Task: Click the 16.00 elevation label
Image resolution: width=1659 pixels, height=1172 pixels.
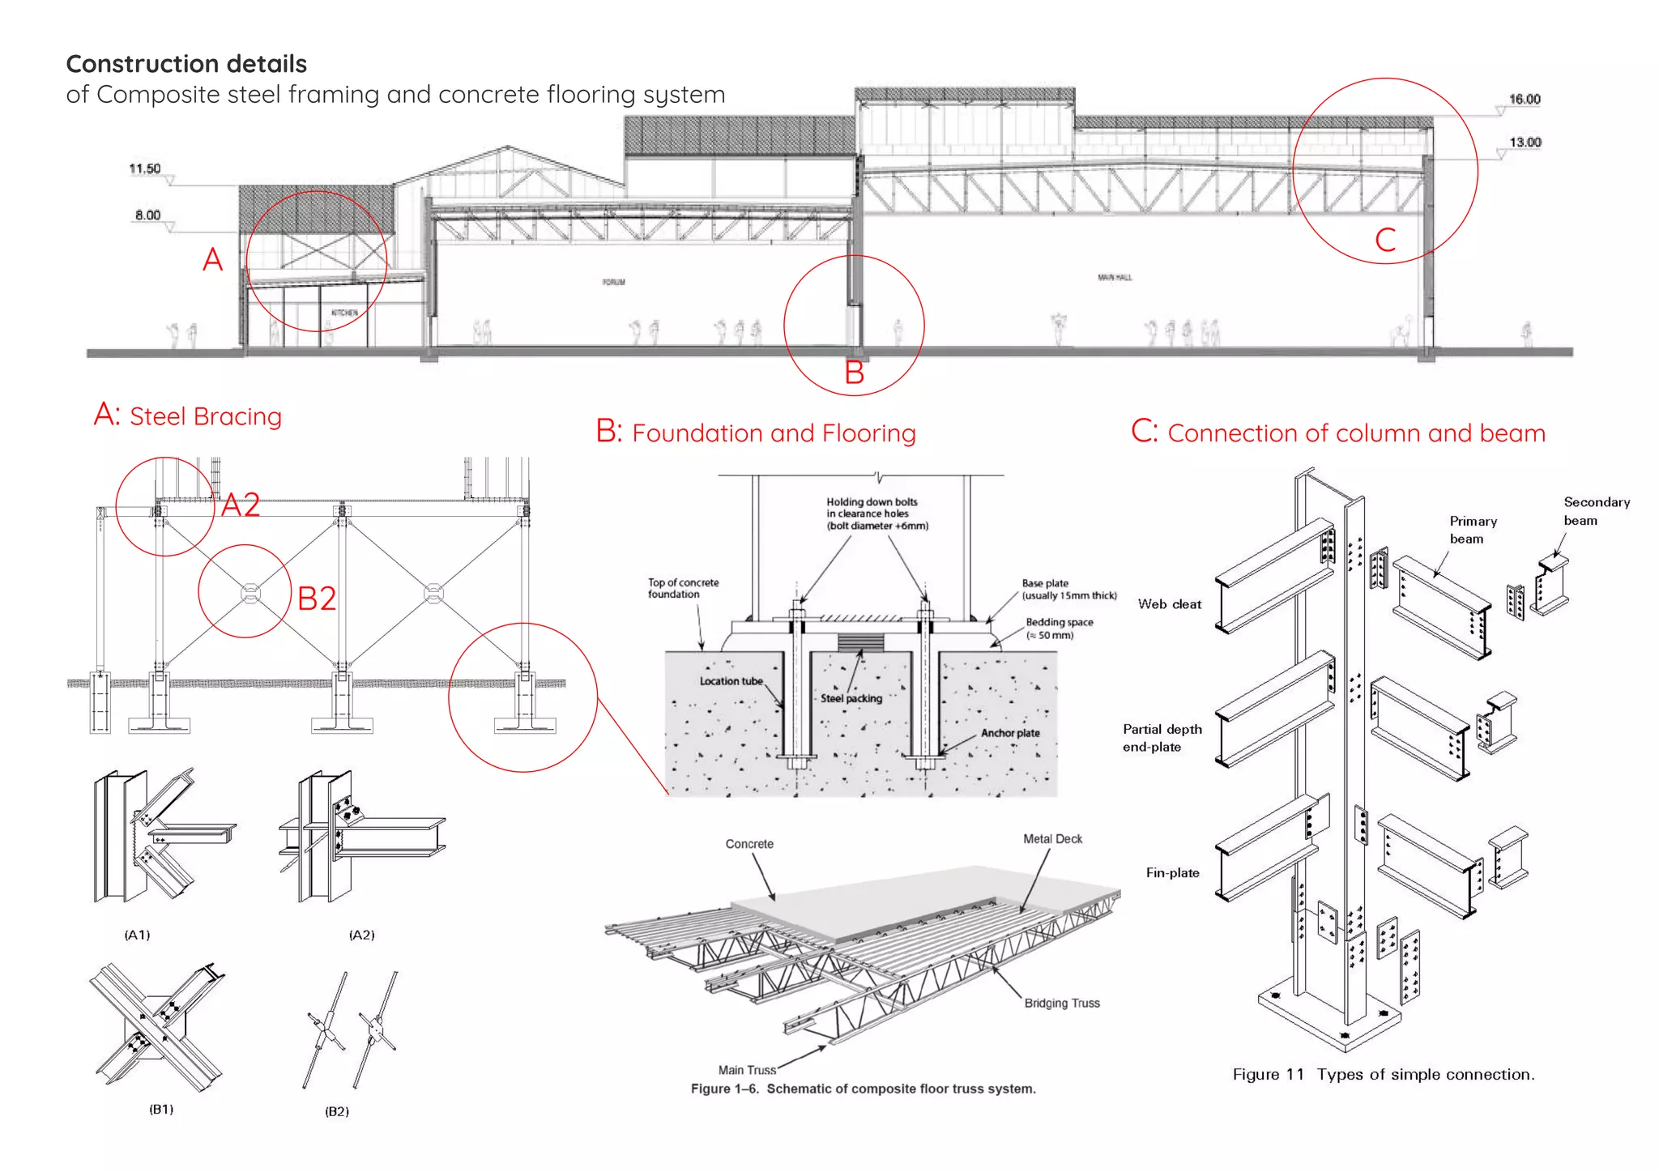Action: coord(1524,99)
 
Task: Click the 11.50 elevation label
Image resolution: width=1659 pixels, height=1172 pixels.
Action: coord(145,168)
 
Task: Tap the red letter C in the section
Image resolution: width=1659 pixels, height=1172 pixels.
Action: coord(1385,240)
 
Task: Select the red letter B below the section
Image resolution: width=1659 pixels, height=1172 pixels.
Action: coord(854,373)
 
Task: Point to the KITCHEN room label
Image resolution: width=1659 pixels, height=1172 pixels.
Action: coord(344,313)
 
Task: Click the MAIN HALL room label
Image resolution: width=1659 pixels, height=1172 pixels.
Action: coord(1115,277)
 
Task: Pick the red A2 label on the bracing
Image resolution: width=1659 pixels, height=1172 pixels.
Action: coord(241,505)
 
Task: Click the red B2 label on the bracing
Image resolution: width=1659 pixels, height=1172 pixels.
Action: coord(316,599)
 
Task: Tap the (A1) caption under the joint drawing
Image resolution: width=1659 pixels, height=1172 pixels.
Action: coord(137,935)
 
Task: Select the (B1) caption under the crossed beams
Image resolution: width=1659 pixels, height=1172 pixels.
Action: coord(161,1109)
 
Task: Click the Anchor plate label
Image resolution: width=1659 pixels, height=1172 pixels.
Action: coord(1010,733)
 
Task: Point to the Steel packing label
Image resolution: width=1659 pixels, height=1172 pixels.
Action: coord(851,698)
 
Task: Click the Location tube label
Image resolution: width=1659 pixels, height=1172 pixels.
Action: coord(731,681)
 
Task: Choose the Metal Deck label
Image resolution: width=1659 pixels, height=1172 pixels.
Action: coord(1052,839)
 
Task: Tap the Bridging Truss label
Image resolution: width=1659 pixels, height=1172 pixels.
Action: coord(1061,1004)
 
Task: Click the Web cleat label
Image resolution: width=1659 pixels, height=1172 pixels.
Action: coord(1169,604)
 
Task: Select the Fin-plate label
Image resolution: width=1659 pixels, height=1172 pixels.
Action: coord(1172,873)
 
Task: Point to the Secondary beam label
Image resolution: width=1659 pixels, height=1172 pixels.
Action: coord(1595,511)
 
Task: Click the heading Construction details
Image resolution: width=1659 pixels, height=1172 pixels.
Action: coord(186,64)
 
